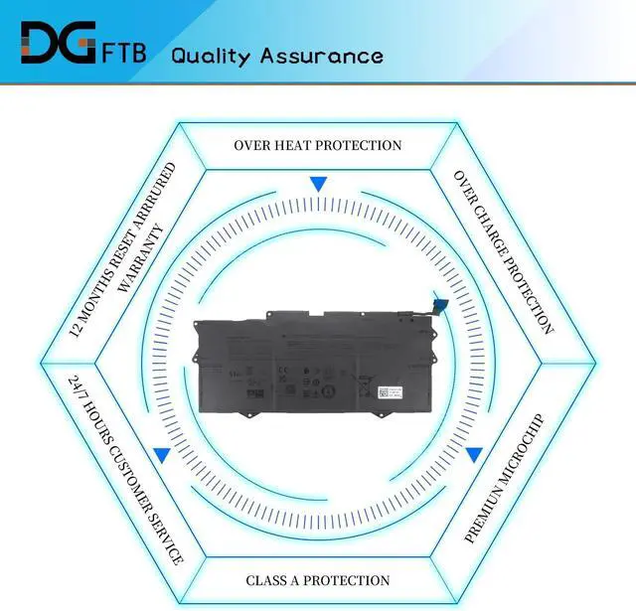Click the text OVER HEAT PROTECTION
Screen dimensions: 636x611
click(x=318, y=145)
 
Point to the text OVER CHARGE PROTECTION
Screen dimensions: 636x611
click(x=503, y=250)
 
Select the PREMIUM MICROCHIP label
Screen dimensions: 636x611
click(x=504, y=479)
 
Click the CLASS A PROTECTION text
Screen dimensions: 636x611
click(x=318, y=580)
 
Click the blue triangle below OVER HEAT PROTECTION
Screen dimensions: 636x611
click(x=318, y=184)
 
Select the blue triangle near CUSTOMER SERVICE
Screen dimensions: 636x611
click(x=161, y=455)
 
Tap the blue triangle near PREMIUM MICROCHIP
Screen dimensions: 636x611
click(x=474, y=455)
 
